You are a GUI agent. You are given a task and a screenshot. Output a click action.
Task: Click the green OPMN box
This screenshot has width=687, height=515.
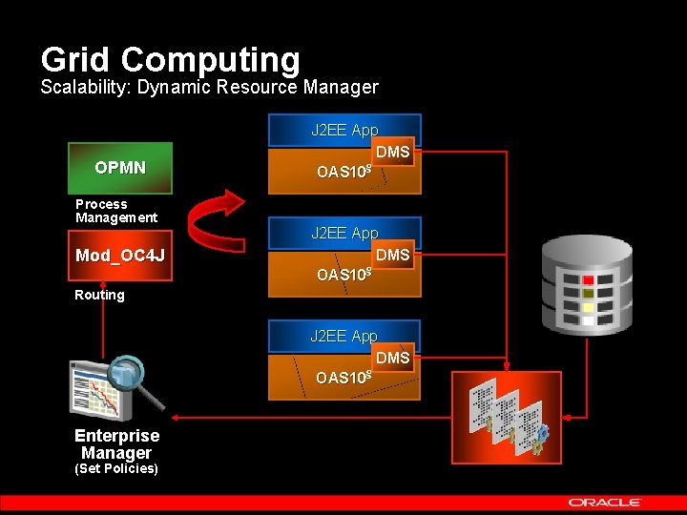[x=120, y=168]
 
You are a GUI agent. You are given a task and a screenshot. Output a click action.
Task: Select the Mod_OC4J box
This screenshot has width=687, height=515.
[x=120, y=256]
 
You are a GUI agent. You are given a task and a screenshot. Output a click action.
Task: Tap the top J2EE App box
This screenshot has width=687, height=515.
[x=343, y=130]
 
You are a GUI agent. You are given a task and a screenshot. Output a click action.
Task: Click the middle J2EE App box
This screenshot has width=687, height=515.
[x=343, y=233]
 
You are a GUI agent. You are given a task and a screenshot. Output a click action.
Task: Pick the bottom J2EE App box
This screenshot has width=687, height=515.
[x=343, y=336]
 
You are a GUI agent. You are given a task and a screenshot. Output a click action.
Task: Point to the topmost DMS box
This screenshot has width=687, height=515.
[x=392, y=153]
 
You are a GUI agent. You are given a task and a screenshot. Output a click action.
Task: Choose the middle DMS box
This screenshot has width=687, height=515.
[x=392, y=256]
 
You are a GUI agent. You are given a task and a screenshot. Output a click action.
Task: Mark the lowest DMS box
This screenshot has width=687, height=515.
[x=392, y=359]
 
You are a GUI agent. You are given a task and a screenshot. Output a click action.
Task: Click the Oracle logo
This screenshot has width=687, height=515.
[x=605, y=502]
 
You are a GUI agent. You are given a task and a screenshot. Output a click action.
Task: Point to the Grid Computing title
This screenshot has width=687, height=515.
[x=170, y=59]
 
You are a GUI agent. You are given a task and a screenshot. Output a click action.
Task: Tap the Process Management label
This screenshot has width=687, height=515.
[x=116, y=211]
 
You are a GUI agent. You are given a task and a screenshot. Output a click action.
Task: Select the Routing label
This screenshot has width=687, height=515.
[x=99, y=295]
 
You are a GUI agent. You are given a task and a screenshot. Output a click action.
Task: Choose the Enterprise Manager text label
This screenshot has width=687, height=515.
[x=116, y=443]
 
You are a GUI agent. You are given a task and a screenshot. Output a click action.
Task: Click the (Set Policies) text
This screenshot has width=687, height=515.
[x=116, y=468]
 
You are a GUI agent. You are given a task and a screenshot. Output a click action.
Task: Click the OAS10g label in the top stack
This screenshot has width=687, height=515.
[x=343, y=172]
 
